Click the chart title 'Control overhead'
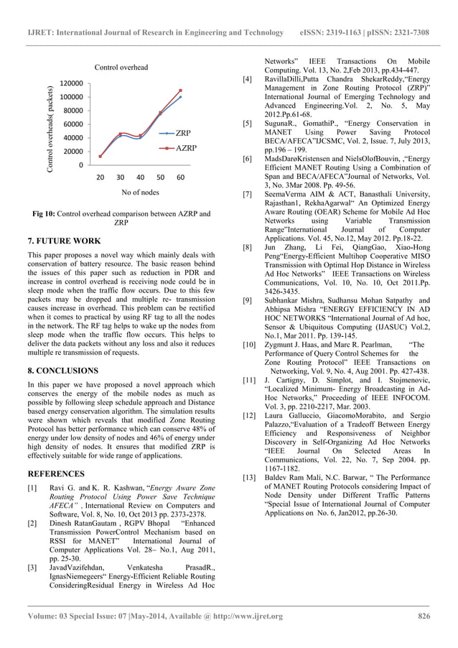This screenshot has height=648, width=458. [121, 68]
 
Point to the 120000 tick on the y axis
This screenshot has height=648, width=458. [70, 83]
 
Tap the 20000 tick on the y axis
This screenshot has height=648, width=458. [72, 152]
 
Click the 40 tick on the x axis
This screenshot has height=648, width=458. [140, 177]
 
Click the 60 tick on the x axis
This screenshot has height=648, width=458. [180, 177]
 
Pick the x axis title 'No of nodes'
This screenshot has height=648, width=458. [140, 193]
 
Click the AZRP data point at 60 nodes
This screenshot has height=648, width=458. [181, 91]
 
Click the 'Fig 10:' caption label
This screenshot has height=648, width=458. [44, 214]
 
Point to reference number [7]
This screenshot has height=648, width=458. [247, 194]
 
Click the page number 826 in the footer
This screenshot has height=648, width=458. [424, 616]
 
